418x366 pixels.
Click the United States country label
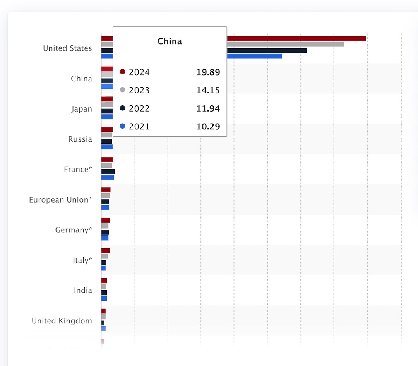click(x=67, y=48)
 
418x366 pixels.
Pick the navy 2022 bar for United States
click(x=267, y=50)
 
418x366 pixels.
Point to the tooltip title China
click(x=170, y=41)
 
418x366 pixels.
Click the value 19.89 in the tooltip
click(x=208, y=72)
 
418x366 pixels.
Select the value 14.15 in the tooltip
click(x=208, y=90)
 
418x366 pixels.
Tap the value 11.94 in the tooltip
click(x=208, y=108)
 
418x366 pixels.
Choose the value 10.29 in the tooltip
click(x=208, y=126)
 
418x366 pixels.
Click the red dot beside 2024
click(x=123, y=72)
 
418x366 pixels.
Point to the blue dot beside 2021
click(x=123, y=126)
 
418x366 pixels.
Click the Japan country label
click(x=82, y=109)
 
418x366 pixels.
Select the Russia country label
click(x=80, y=139)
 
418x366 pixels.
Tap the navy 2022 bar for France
click(x=108, y=172)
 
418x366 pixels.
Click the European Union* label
click(x=61, y=200)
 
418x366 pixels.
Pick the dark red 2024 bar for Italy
click(x=106, y=251)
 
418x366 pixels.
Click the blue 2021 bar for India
click(x=104, y=298)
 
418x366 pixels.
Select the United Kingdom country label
click(x=62, y=321)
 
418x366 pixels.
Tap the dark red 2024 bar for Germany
click(x=106, y=220)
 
